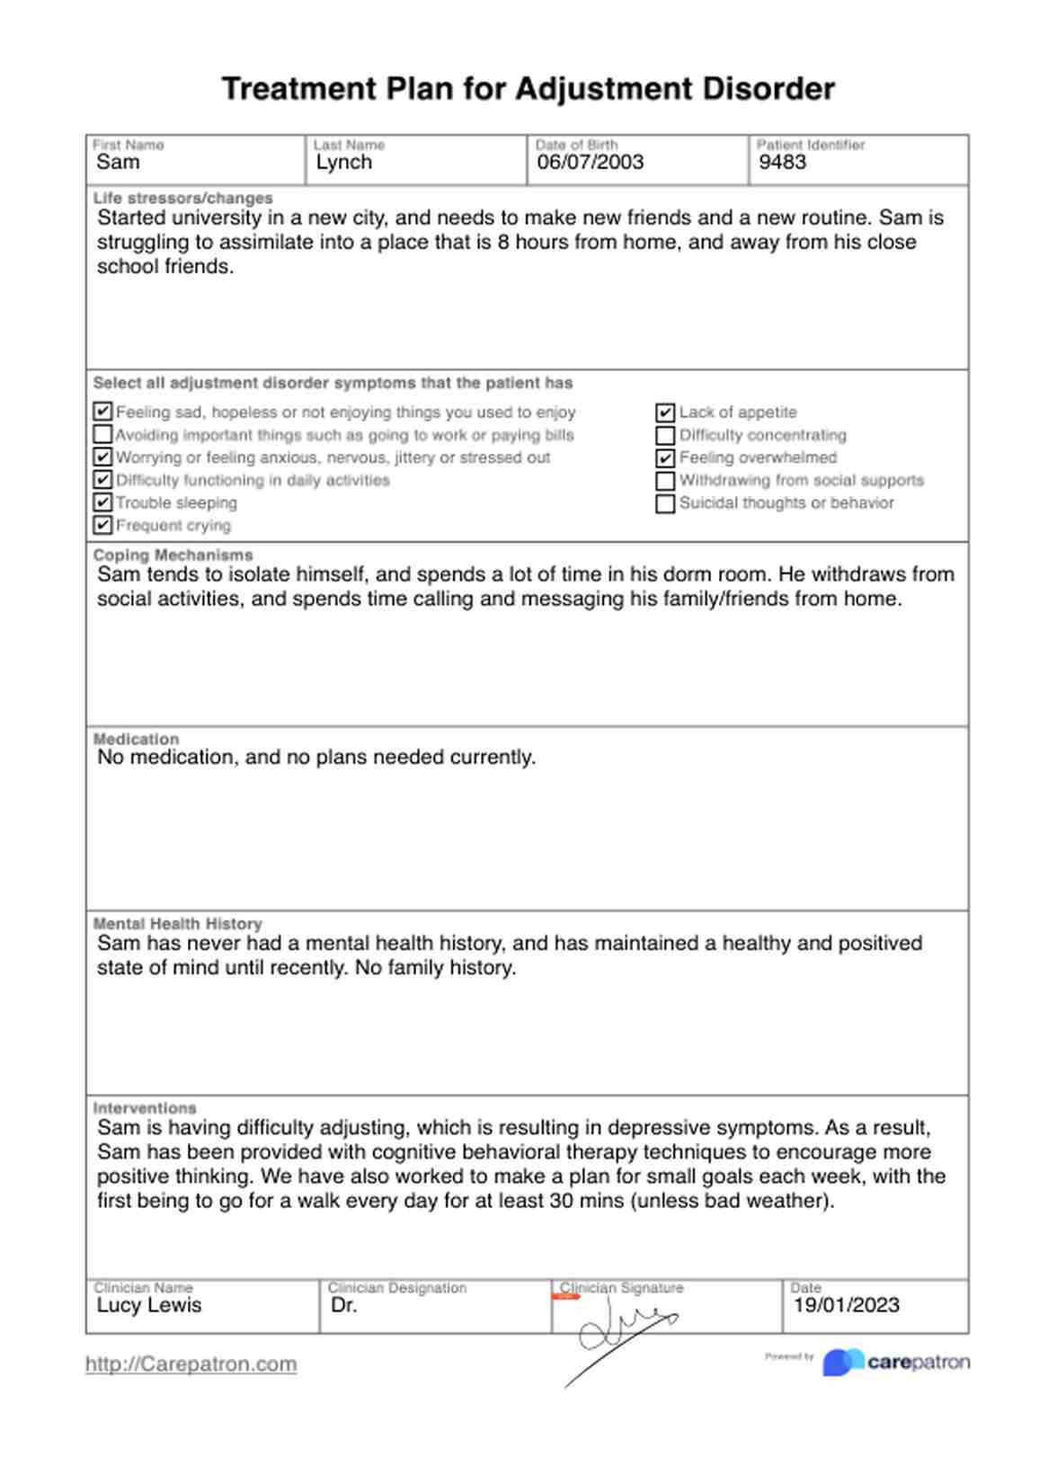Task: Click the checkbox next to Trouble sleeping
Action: (x=102, y=502)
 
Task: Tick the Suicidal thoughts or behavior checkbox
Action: (x=665, y=503)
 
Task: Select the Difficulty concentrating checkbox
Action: (x=665, y=436)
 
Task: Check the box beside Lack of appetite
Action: (x=665, y=413)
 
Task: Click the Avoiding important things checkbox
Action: (x=102, y=435)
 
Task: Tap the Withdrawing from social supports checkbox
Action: (x=665, y=481)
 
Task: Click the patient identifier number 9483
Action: (x=782, y=163)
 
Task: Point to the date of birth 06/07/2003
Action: (x=590, y=163)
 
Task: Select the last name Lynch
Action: (x=343, y=163)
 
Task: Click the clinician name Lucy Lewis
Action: (x=149, y=1305)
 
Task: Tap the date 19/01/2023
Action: (x=846, y=1305)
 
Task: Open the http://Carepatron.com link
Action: (x=191, y=1364)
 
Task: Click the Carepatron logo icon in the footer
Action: (x=843, y=1362)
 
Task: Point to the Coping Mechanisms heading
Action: (x=173, y=555)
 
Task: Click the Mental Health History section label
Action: (x=177, y=924)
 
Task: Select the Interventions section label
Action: (x=144, y=1108)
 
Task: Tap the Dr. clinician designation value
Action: (x=343, y=1305)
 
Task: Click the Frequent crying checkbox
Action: (x=102, y=525)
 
